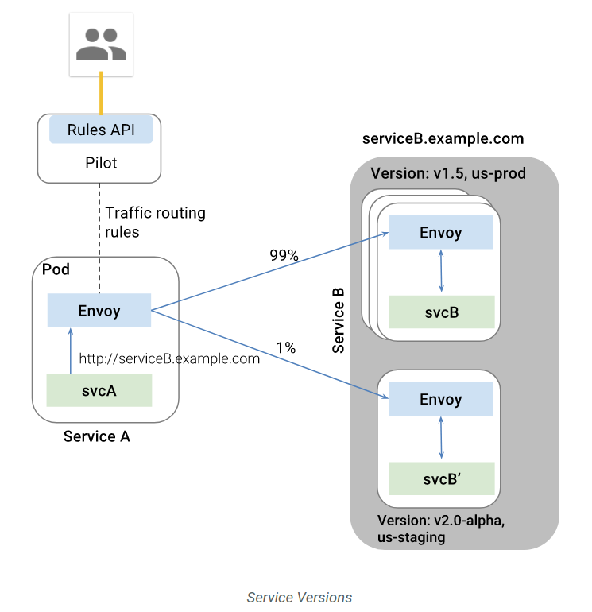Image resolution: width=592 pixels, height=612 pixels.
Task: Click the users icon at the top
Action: point(100,44)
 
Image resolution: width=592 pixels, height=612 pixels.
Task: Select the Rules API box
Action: point(101,130)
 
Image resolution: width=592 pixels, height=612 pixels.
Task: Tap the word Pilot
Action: point(101,163)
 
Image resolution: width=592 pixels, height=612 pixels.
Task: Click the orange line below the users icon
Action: point(100,94)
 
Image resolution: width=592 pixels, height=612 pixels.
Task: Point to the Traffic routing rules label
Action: point(155,223)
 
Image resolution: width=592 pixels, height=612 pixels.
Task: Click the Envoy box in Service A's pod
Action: point(99,310)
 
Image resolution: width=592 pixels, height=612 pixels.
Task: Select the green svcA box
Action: point(99,390)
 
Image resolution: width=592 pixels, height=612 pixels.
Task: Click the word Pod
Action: point(56,269)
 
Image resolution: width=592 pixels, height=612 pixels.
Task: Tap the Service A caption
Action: point(97,436)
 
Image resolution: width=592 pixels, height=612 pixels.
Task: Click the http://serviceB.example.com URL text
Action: point(169,358)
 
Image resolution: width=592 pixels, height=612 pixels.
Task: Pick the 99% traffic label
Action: point(284,256)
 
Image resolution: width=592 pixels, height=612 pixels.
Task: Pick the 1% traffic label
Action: point(285,347)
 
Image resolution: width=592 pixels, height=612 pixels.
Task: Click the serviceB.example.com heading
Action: point(443,138)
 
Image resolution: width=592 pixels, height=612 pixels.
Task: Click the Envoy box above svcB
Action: point(440,234)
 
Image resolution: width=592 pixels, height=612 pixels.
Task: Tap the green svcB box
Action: point(441,312)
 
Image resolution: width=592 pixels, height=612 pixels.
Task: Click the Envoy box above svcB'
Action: point(440,400)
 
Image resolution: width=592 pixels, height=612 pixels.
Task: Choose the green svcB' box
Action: point(441,479)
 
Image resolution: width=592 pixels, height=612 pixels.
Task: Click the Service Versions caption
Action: point(299,597)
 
